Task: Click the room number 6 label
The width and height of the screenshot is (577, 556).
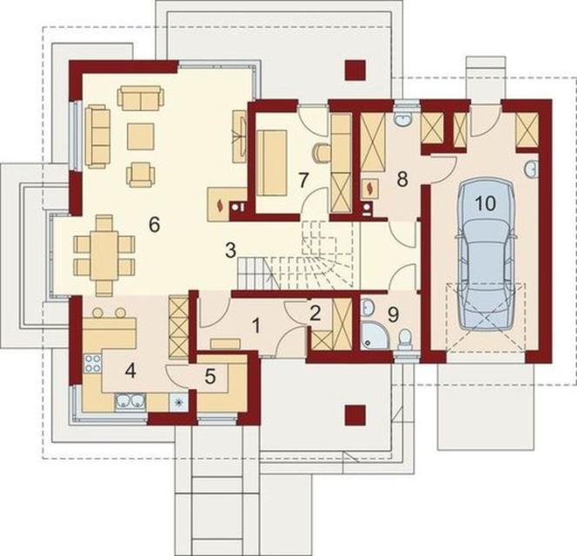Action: (x=155, y=224)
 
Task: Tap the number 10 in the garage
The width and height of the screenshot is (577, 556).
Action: (x=486, y=203)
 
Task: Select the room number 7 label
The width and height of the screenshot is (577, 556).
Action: (x=302, y=181)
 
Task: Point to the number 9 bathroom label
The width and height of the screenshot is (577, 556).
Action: (x=393, y=314)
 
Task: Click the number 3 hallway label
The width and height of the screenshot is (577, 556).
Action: (x=230, y=250)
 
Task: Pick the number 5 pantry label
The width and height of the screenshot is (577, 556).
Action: (x=209, y=376)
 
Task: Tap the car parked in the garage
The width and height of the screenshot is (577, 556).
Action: (x=485, y=254)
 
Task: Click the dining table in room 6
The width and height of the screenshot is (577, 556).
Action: (x=104, y=255)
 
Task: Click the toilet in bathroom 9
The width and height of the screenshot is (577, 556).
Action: (x=405, y=338)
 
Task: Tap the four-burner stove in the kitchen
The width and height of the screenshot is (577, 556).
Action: (x=93, y=362)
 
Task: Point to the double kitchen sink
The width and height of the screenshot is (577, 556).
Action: (x=130, y=401)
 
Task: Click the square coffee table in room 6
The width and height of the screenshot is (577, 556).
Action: (x=141, y=136)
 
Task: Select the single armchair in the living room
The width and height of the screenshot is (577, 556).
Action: (x=140, y=174)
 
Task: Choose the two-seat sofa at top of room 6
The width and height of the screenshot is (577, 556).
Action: (x=141, y=98)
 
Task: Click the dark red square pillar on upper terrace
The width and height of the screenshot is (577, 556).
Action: (x=355, y=69)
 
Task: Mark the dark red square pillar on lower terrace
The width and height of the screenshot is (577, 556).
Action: (x=355, y=415)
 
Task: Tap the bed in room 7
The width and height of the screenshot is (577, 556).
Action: (x=272, y=162)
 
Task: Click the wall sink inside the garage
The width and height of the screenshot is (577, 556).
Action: (x=531, y=169)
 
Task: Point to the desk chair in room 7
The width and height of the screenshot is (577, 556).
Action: (x=322, y=152)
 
